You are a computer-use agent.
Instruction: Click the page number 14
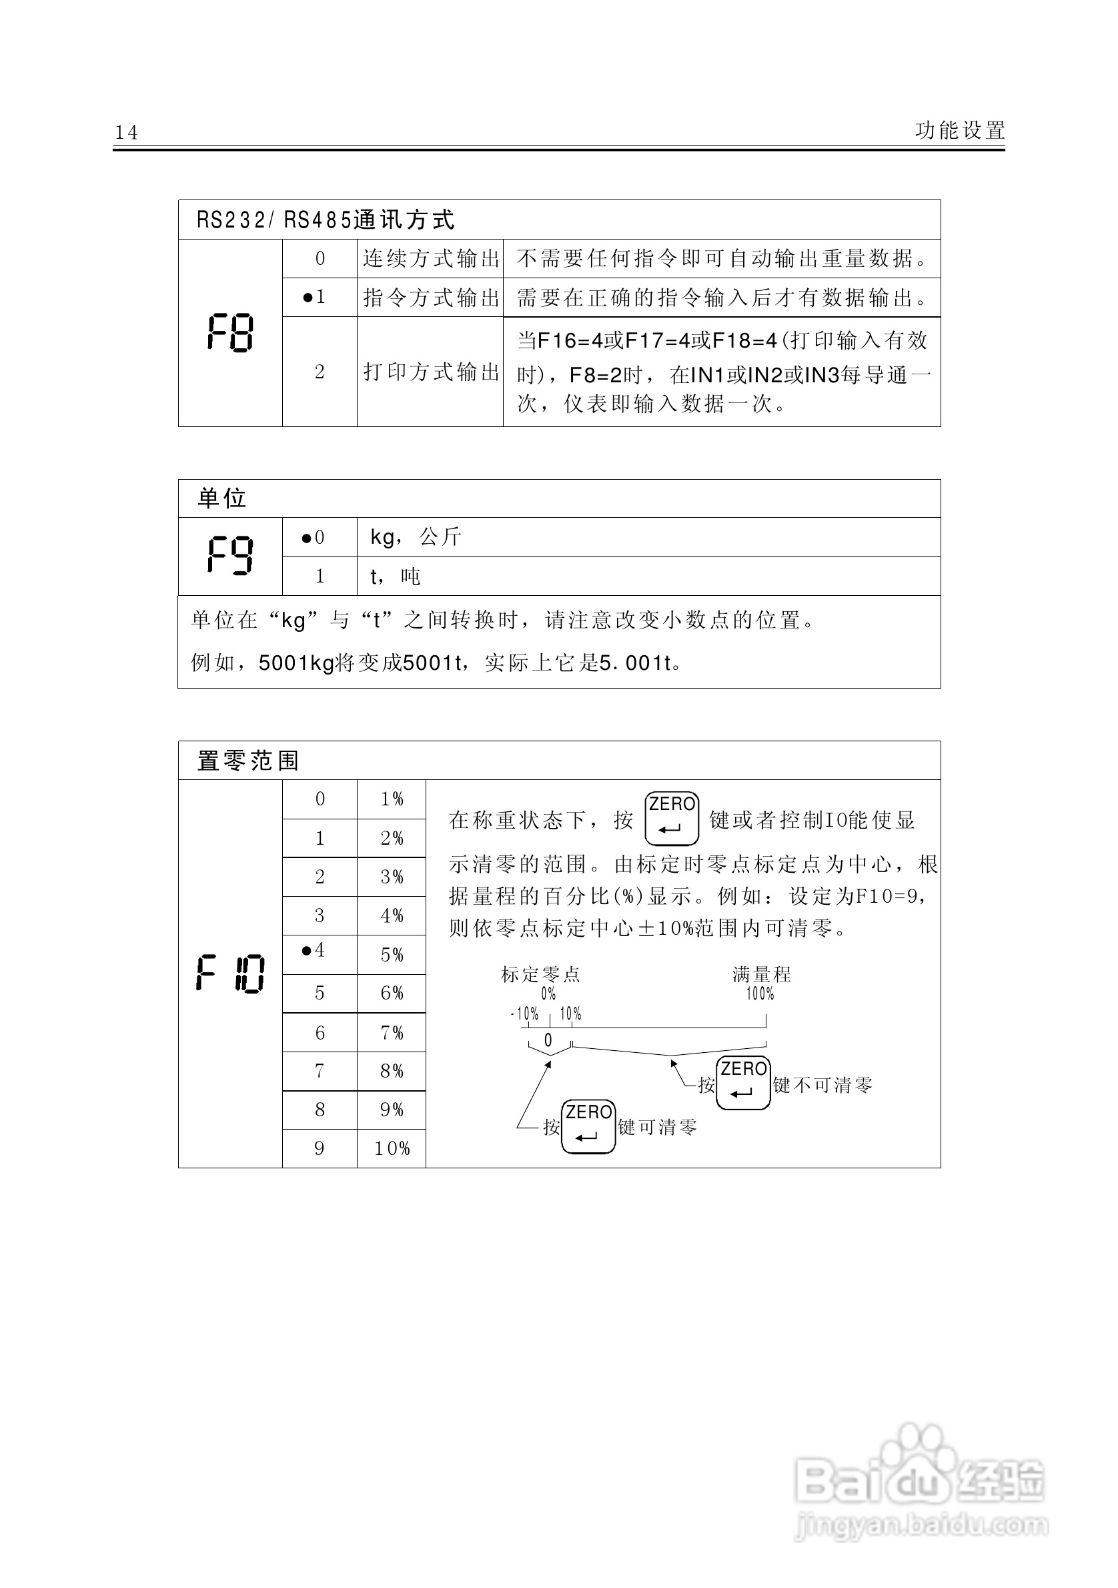[127, 132]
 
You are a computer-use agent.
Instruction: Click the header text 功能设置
[960, 130]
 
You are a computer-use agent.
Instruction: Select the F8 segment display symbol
[230, 333]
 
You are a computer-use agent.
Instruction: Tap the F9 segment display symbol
[230, 555]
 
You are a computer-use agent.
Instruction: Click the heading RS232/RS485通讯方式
[326, 220]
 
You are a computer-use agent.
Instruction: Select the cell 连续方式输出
[431, 259]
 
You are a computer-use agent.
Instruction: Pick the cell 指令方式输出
[431, 298]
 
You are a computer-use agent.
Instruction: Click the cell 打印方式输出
[431, 372]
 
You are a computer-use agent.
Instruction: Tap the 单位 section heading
[222, 498]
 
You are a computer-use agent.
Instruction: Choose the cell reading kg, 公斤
[416, 536]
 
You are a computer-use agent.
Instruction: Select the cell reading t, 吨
[395, 576]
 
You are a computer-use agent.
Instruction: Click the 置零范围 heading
[248, 761]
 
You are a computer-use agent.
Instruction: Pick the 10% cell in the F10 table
[392, 1148]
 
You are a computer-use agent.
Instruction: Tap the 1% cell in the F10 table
[392, 799]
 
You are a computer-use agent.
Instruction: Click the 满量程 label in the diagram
[761, 975]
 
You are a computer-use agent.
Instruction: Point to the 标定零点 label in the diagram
[541, 975]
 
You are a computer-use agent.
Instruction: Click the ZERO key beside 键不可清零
[743, 1082]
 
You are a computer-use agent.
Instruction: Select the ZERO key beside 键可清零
[588, 1126]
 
